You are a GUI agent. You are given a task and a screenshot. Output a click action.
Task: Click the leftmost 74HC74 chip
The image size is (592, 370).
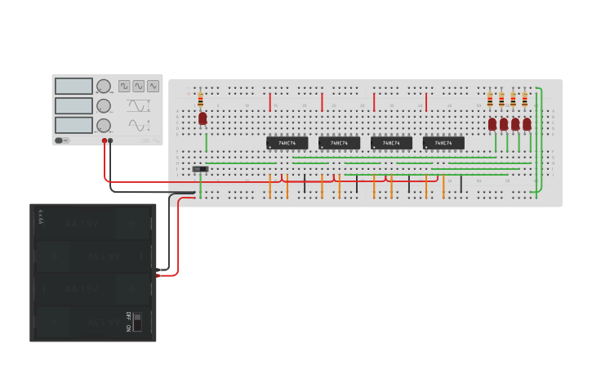pos(287,143)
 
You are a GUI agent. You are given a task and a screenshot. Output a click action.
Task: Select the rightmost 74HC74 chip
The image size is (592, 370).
pos(443,143)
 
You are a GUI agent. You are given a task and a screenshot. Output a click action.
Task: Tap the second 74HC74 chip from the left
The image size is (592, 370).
pos(339,143)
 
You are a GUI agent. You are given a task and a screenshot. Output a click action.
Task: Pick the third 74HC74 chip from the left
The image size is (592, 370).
pos(391,143)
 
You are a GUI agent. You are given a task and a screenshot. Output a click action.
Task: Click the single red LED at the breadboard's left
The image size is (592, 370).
pos(203,118)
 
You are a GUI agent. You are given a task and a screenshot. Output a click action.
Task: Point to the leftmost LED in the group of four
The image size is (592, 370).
pos(492,124)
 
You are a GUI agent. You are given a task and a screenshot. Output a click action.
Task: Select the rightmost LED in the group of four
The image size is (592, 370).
pos(527,124)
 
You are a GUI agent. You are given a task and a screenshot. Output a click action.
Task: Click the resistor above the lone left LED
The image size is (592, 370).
pos(201,99)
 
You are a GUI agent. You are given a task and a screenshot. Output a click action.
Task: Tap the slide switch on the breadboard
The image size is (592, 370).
pos(200,169)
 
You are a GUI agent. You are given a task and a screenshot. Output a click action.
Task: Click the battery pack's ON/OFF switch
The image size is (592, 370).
pos(136,320)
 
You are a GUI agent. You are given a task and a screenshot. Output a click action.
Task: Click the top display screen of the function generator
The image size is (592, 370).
pos(74,87)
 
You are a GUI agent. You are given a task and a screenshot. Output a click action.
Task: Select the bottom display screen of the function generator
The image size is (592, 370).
pos(74,125)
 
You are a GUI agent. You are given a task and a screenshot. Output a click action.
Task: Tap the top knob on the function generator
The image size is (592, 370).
pos(104,87)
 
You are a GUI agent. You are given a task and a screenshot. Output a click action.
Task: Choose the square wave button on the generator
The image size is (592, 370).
pos(124,86)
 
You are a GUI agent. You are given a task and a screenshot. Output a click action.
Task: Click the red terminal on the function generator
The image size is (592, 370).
pos(105,140)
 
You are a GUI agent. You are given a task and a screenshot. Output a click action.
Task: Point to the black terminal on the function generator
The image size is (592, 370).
pos(111,140)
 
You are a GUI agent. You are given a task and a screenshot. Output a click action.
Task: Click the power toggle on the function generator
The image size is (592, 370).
pos(60,140)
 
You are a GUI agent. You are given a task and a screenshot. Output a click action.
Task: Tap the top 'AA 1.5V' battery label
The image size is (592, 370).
pos(82,221)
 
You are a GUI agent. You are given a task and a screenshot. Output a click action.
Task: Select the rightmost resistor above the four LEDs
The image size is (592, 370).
pos(524,100)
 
